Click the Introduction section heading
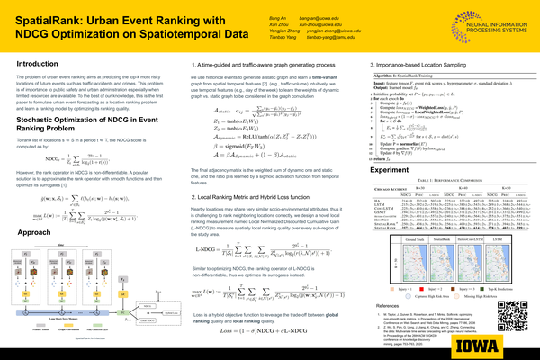click(x=46, y=65)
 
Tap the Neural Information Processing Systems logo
click(x=494, y=24)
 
